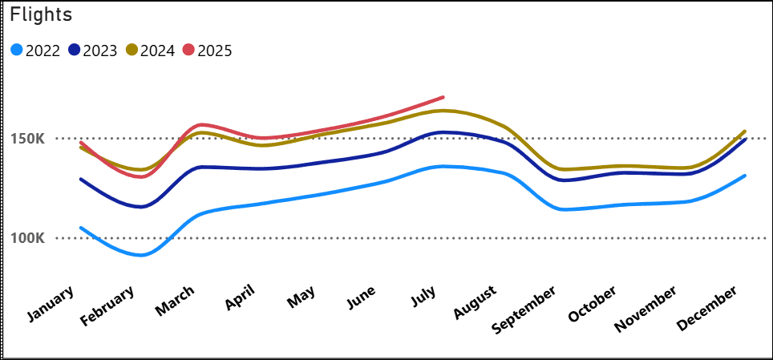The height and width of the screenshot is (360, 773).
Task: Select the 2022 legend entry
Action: [36, 51]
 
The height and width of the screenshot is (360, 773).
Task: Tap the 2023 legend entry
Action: [93, 51]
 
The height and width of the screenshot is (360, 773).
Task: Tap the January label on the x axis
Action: [51, 304]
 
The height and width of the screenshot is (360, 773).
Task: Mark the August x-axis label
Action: [476, 302]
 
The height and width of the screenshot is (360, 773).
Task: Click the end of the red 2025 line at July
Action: [443, 97]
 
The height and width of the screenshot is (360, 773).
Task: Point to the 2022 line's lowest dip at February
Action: [141, 255]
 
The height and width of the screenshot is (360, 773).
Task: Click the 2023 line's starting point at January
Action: [81, 179]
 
